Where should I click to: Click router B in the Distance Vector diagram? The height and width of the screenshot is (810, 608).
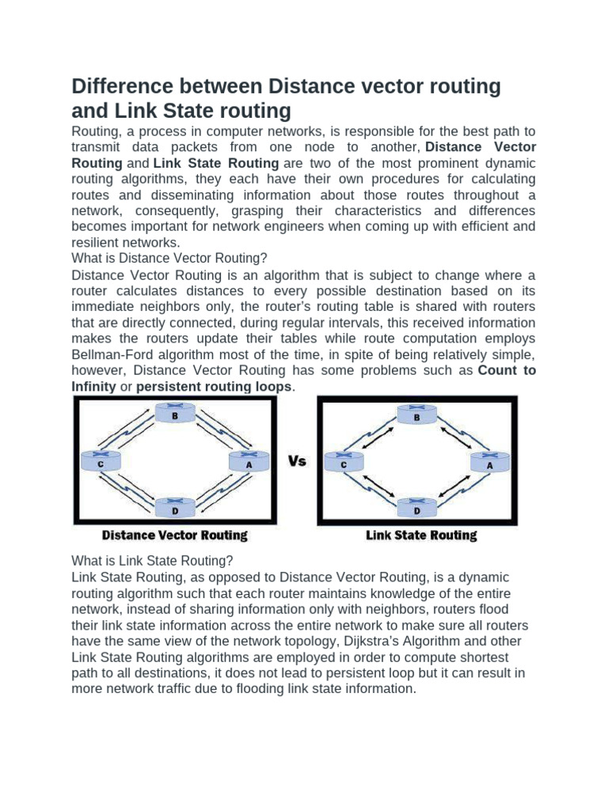pyautogui.click(x=174, y=413)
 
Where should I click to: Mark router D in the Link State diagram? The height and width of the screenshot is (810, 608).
pyautogui.click(x=417, y=506)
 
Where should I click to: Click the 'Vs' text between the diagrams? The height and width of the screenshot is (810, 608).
pyautogui.click(x=297, y=460)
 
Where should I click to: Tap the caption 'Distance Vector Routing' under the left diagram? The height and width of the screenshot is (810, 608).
pyautogui.click(x=174, y=536)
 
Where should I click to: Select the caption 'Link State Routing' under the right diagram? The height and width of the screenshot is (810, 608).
pyautogui.click(x=421, y=536)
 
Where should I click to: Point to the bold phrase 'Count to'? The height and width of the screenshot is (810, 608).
pyautogui.click(x=507, y=370)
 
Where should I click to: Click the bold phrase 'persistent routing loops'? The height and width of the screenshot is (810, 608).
pyautogui.click(x=215, y=386)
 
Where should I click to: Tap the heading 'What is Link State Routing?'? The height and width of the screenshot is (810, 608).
pyautogui.click(x=152, y=561)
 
